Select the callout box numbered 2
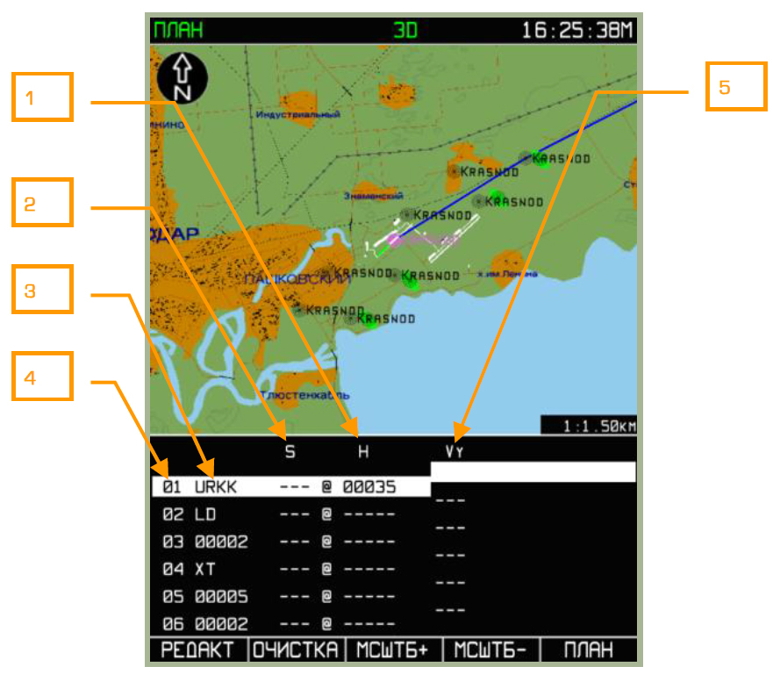tap(42, 204)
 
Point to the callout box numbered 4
tap(42, 377)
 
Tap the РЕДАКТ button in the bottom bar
tap(198, 650)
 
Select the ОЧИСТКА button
tap(297, 650)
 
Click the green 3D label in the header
tap(405, 30)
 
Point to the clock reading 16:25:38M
tap(576, 30)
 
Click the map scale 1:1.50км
tap(588, 426)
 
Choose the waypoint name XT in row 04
tap(204, 569)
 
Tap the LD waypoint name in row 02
tap(204, 514)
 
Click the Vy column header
tap(454, 453)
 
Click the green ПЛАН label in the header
tap(178, 30)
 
